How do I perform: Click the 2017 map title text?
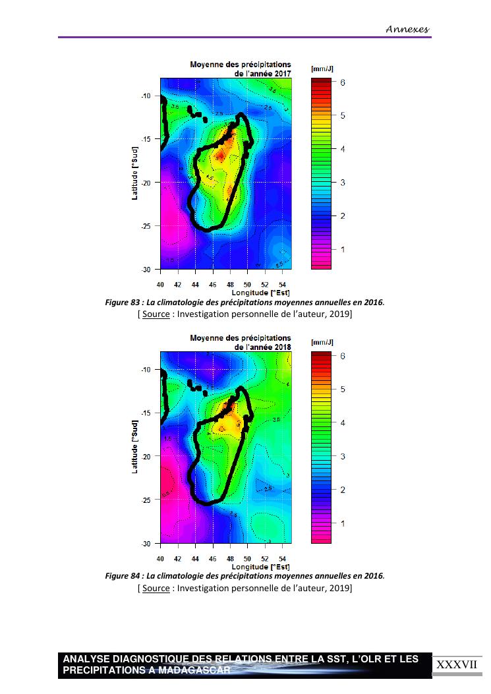(241, 69)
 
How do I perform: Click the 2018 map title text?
(241, 343)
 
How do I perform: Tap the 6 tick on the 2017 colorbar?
(343, 82)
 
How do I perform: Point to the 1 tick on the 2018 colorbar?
(343, 523)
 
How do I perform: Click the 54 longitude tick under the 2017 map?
(282, 284)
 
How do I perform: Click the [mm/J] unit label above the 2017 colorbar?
(322, 69)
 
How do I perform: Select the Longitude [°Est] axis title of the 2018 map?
(260, 566)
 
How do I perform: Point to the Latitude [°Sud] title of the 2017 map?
(135, 174)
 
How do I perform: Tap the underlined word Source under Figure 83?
(156, 314)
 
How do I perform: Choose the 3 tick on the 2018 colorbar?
(343, 456)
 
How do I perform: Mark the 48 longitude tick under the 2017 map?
(230, 284)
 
